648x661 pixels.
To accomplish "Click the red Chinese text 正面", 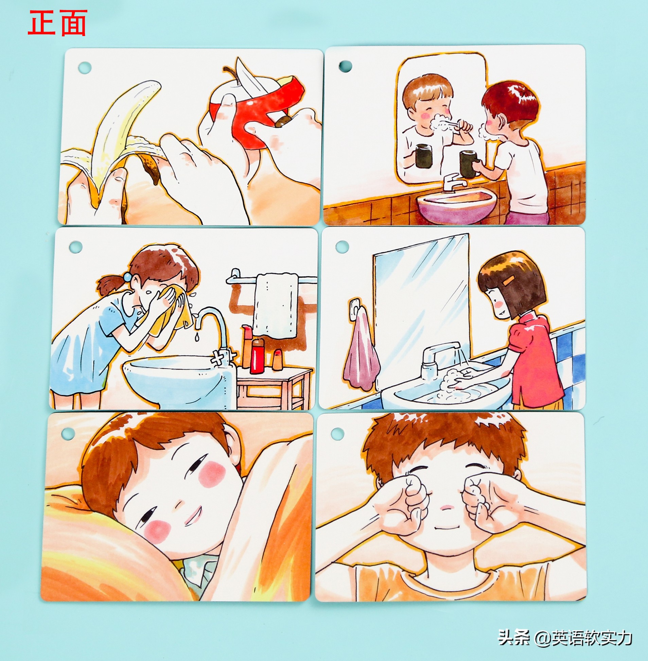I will coord(57,23).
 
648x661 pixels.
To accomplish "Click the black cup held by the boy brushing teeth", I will coord(468,164).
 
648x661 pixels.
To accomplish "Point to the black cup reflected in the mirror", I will coord(424,156).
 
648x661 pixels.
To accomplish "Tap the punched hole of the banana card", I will coord(85,67).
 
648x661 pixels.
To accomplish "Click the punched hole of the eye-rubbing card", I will coord(337,433).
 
